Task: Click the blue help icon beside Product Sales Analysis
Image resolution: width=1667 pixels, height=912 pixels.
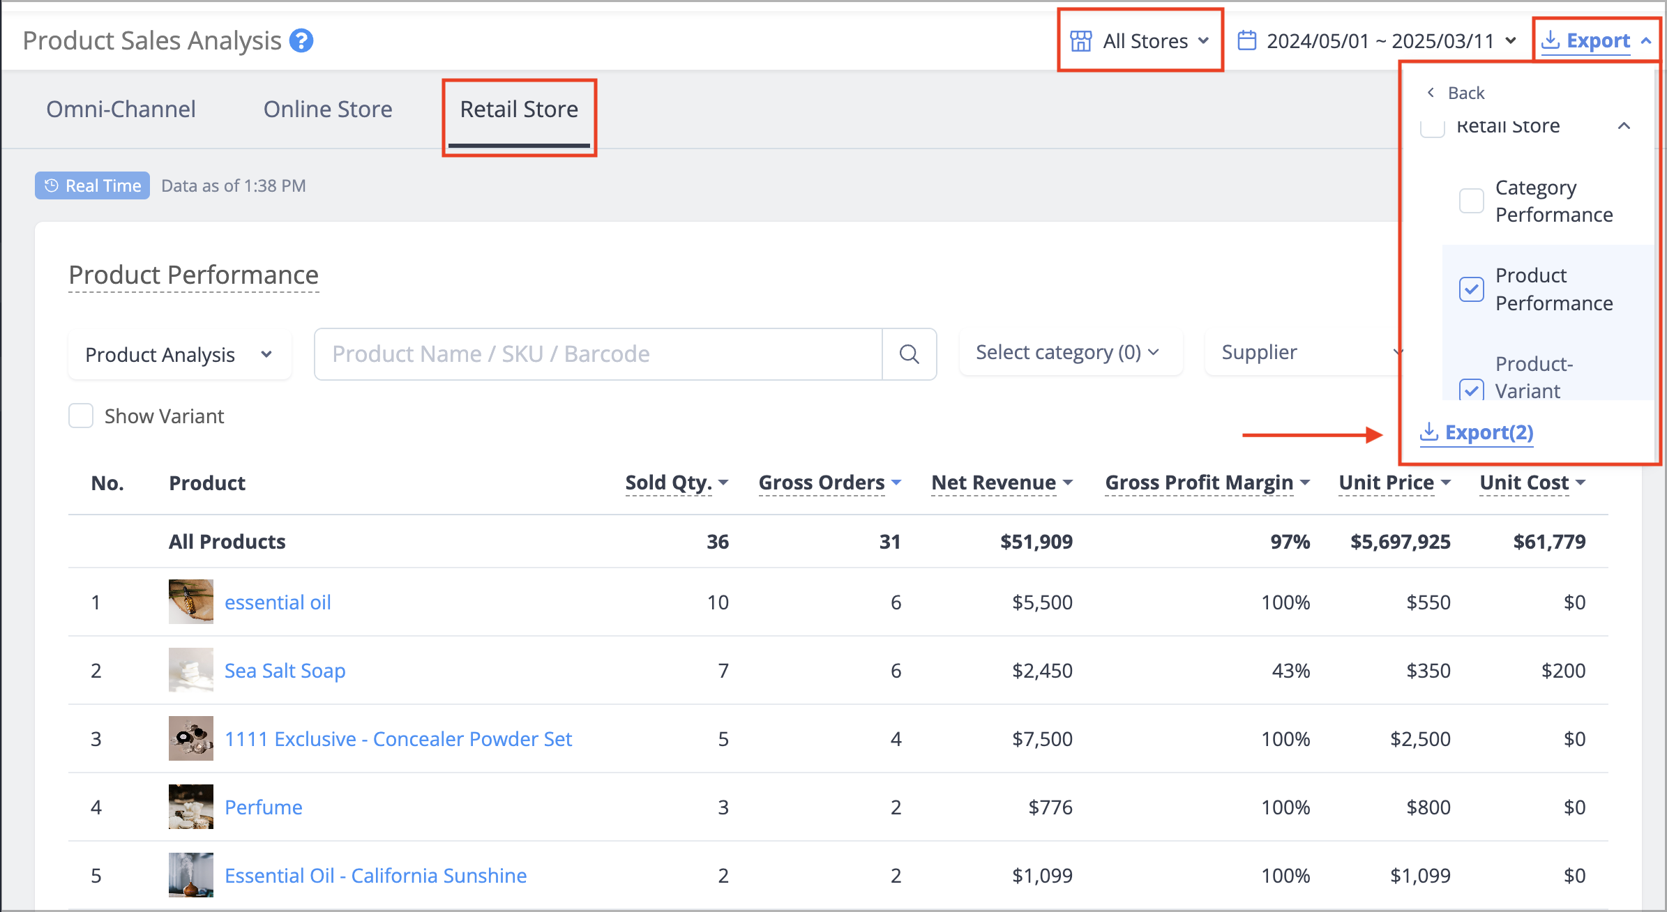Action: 301,40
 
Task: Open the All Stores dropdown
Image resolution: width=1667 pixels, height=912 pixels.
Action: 1140,41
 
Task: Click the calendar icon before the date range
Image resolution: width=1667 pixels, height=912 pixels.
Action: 1247,40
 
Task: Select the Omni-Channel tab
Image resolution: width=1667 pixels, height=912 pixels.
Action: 121,109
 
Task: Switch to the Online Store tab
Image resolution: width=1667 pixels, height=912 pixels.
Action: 328,109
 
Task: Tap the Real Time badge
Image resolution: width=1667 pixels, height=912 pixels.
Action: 92,185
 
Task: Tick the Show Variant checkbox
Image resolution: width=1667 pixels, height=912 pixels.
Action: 81,416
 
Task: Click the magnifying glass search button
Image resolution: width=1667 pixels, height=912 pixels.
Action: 909,354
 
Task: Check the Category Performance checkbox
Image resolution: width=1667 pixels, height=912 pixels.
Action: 1472,201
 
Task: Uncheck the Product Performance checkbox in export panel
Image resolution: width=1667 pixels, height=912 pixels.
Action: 1472,289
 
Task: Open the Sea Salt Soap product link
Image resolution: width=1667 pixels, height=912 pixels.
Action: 285,670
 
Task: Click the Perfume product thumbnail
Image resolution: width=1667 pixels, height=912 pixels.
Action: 191,807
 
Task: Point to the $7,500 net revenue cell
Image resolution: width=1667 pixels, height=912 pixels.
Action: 1042,738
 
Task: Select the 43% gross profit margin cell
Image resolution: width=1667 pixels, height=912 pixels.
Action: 1290,670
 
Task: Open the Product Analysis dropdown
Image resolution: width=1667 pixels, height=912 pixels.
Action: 179,354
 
